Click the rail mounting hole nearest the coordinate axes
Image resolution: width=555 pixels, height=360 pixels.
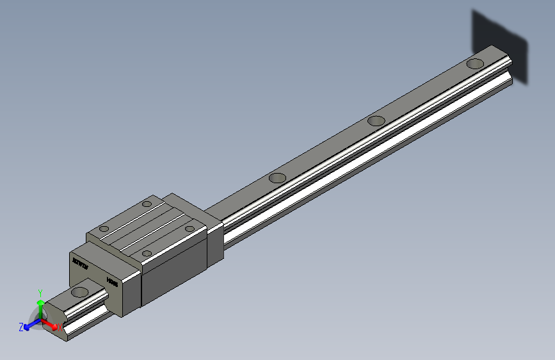coord(80,292)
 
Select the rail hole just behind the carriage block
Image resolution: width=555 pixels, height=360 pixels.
coord(277,177)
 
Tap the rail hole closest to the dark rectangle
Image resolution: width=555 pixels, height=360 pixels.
coord(474,63)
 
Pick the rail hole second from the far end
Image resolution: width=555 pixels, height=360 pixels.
coord(376,120)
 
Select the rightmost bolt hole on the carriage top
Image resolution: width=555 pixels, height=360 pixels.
coord(189,227)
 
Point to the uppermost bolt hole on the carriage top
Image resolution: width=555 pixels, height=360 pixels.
coord(147,204)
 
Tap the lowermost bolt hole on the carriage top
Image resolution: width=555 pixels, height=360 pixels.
coord(147,253)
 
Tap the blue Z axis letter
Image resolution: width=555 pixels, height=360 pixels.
coord(21,327)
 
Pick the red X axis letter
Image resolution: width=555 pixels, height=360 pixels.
coord(60,327)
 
